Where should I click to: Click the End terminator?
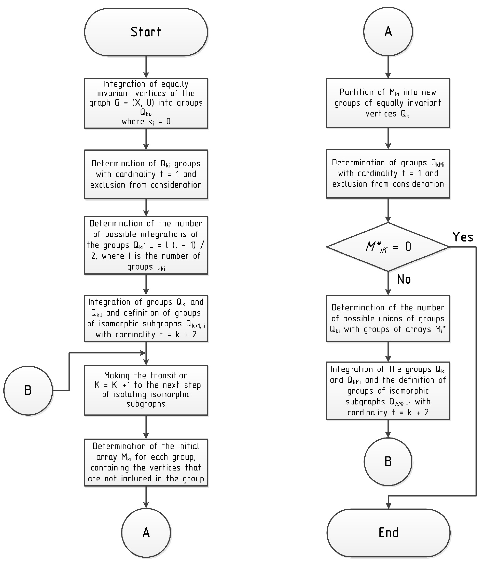(x=388, y=532)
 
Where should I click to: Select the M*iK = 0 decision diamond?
(x=388, y=247)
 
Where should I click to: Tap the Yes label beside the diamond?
(x=463, y=237)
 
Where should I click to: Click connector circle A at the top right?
(x=388, y=31)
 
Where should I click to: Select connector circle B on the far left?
(x=28, y=390)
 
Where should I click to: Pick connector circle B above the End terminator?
(x=388, y=462)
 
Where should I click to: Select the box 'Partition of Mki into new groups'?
(x=388, y=103)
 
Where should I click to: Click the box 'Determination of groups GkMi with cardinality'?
(x=388, y=173)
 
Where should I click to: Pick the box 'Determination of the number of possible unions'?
(x=388, y=318)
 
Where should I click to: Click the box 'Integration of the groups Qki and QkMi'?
(x=388, y=391)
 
